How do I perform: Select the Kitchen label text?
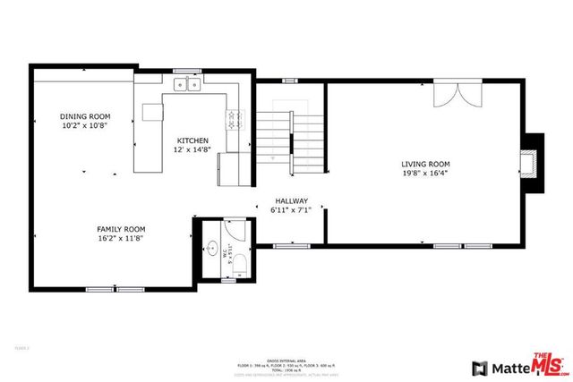pos(192,140)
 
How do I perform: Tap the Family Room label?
pos(121,229)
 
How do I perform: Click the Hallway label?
pos(291,201)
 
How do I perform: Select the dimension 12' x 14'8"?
pos(192,150)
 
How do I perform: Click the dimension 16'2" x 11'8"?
pos(121,239)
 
